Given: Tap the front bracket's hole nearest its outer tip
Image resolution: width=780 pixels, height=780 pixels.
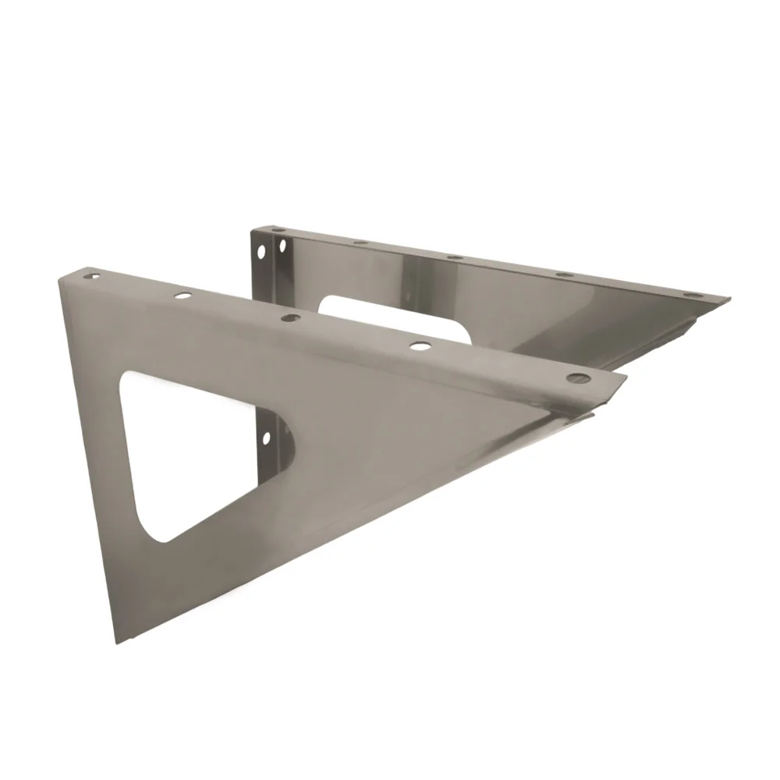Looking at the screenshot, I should pos(577,378).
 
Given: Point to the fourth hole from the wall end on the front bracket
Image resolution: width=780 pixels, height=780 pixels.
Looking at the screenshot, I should pos(420,344).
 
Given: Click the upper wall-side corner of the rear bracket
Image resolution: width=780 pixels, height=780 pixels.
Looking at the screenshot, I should pos(252,230).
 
